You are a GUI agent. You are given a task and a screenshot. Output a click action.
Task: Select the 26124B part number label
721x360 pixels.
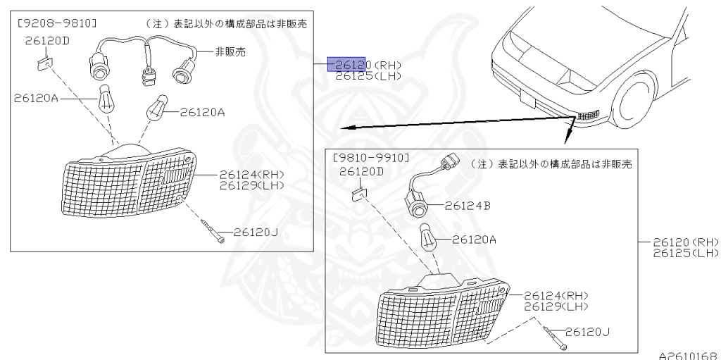469,206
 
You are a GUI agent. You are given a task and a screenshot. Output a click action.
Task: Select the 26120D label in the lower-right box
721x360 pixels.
361,171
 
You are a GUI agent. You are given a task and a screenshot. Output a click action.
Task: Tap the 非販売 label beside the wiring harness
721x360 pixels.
214,51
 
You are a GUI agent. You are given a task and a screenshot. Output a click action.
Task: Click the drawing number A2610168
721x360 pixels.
689,355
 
